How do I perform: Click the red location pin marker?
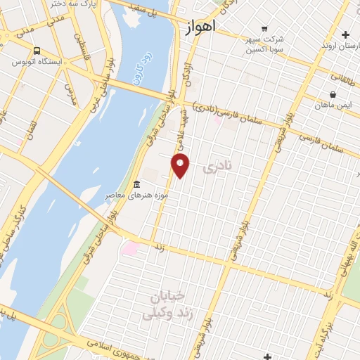[181, 165]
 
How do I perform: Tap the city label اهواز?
[201, 26]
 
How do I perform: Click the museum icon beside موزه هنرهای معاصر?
[136, 184]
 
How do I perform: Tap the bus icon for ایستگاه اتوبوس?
[37, 51]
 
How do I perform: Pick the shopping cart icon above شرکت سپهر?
[264, 29]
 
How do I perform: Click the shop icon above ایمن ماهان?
[333, 94]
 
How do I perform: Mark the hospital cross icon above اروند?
[345, 34]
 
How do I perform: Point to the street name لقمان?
[30, 130]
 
